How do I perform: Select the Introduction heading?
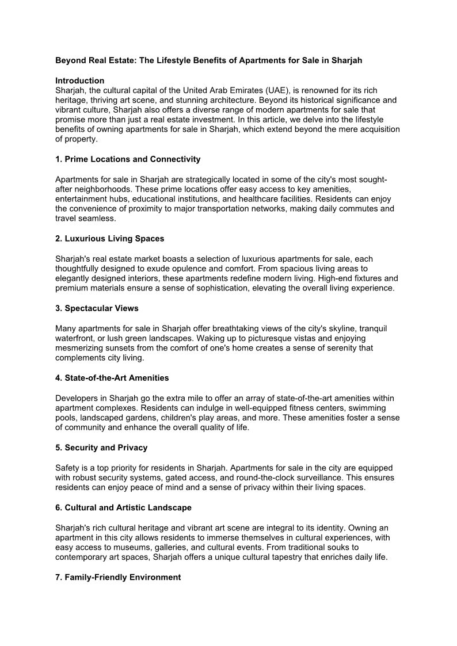pos(79,81)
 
